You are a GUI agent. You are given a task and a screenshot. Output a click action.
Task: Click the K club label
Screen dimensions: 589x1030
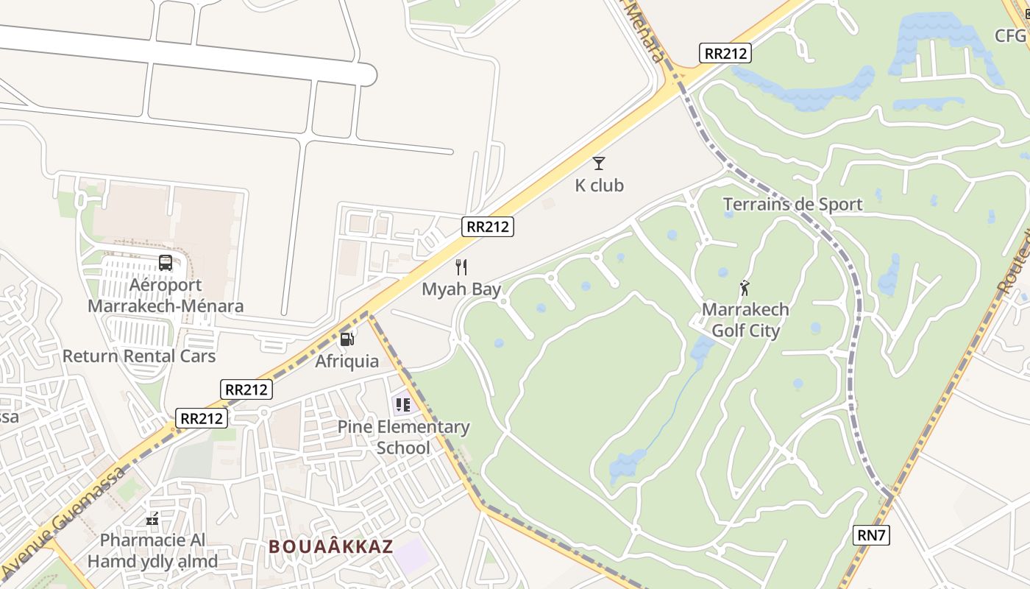[x=599, y=186]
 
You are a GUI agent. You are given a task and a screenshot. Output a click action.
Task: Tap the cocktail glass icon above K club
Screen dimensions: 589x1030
[x=599, y=163]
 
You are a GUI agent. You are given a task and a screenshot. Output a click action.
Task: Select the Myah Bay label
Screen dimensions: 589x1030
[x=461, y=289]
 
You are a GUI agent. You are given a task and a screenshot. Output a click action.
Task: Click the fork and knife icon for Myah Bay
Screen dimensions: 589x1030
[x=461, y=267]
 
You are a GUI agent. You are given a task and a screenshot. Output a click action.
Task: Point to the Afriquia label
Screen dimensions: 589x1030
[x=347, y=361]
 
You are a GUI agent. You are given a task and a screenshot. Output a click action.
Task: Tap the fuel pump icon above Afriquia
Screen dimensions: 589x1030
[x=347, y=339]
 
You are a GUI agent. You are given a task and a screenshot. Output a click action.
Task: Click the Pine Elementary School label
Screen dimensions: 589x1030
[x=403, y=437]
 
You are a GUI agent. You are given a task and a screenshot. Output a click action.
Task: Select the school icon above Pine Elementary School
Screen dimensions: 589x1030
[x=402, y=404]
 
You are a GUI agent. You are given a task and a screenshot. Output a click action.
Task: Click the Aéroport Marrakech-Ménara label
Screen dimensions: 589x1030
[x=166, y=295]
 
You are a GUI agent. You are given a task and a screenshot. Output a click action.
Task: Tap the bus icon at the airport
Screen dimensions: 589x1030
[x=166, y=262]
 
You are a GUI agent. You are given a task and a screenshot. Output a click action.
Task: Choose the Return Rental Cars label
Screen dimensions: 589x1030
[x=139, y=356]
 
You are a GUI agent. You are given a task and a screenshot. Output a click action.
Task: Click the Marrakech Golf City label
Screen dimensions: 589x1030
[x=745, y=320]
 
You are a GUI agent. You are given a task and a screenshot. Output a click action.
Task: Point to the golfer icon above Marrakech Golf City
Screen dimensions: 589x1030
[x=745, y=287]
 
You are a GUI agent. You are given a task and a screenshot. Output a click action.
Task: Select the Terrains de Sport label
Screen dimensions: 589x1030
[x=792, y=205]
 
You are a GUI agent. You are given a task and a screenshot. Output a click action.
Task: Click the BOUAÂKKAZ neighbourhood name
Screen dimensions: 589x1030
[x=331, y=547]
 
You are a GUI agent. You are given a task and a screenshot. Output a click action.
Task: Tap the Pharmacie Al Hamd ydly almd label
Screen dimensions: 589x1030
[x=153, y=551]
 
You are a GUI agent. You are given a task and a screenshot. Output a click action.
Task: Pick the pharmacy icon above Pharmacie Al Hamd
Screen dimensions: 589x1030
[x=152, y=520]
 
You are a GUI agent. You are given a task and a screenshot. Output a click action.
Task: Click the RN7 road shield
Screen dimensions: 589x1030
[x=872, y=535]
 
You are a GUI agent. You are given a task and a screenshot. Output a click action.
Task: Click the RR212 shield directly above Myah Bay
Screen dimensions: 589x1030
[x=488, y=227]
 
